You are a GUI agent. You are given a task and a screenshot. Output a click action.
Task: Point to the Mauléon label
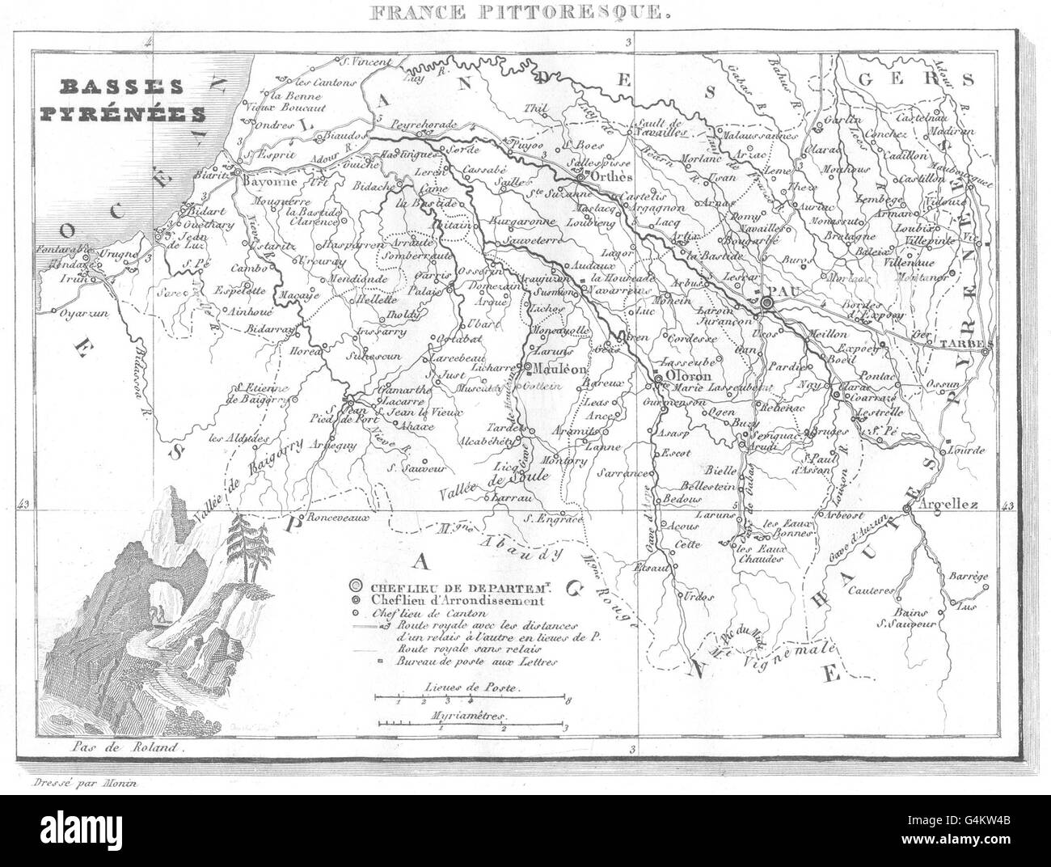555,368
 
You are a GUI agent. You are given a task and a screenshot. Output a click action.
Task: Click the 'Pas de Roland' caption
123,749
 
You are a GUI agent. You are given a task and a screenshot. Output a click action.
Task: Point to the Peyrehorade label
420,125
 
